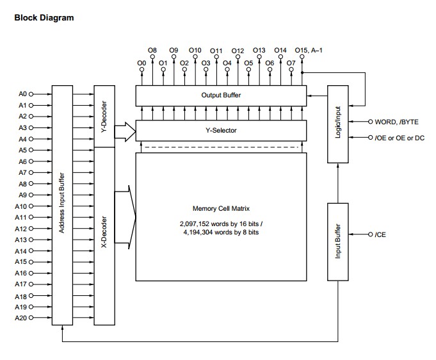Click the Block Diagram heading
(x=44, y=17)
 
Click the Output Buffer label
(x=221, y=95)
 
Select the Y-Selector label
(x=221, y=130)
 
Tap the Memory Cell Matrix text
(x=221, y=208)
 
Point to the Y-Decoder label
(x=104, y=117)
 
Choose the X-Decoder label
(x=104, y=232)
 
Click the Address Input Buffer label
(x=61, y=203)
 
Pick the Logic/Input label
(x=338, y=122)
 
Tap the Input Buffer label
(x=338, y=241)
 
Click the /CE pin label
(x=380, y=235)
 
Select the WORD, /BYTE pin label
(x=396, y=122)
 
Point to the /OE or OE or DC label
(x=400, y=138)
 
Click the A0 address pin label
(x=23, y=94)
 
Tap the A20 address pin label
(x=21, y=318)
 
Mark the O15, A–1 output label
(x=309, y=51)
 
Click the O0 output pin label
(x=141, y=63)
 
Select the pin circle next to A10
(x=31, y=206)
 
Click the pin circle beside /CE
(x=370, y=234)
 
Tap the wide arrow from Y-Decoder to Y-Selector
(x=125, y=131)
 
